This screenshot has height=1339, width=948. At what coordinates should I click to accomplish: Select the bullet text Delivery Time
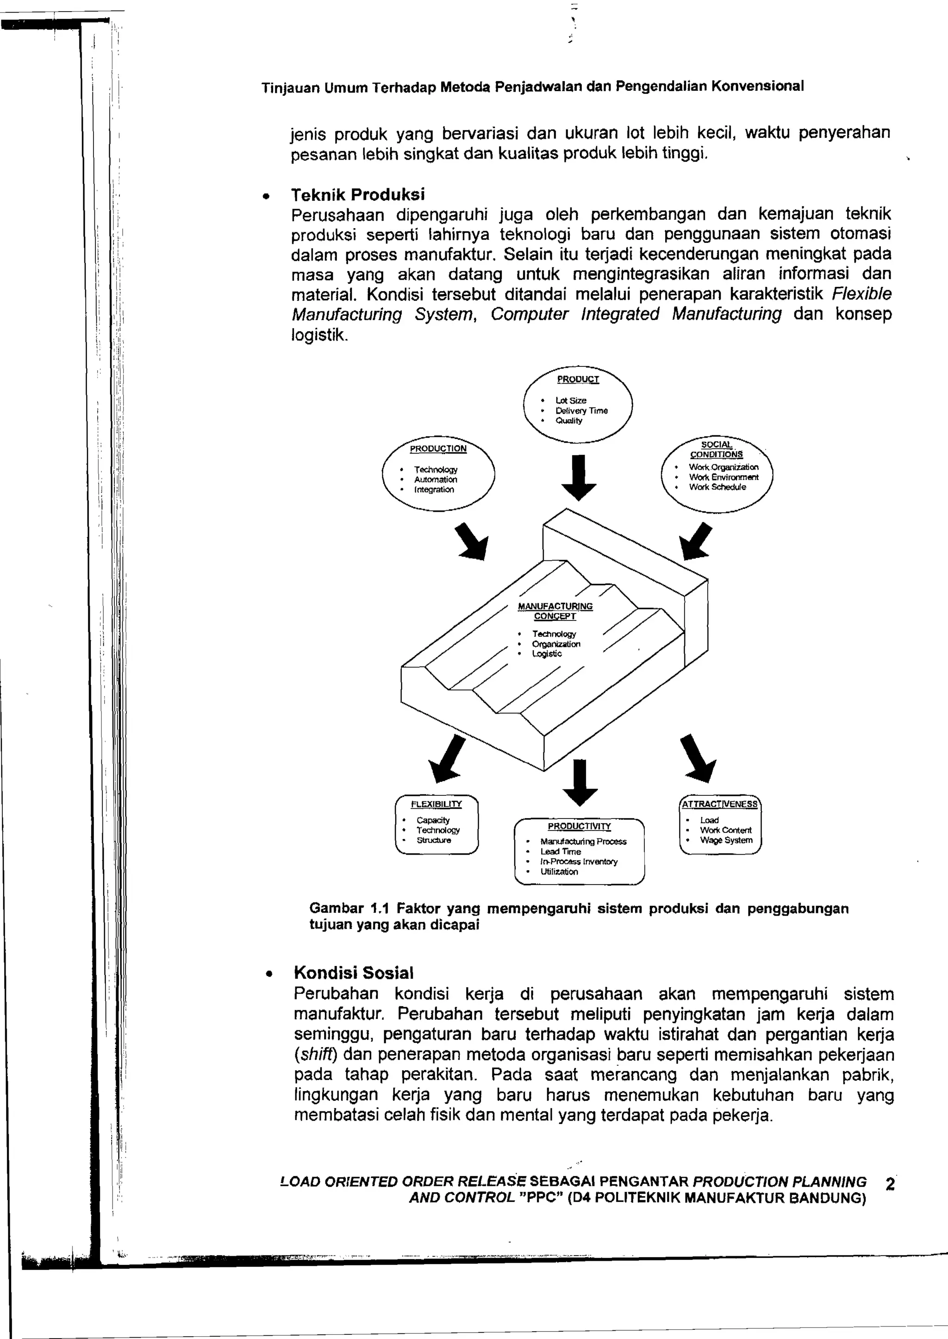point(581,411)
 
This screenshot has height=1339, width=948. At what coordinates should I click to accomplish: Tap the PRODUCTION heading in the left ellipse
point(438,449)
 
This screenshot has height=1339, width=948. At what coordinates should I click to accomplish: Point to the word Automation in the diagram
point(436,480)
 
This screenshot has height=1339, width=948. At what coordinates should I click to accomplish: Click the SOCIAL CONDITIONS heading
point(716,449)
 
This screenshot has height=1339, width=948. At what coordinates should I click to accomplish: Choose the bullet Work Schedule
point(717,487)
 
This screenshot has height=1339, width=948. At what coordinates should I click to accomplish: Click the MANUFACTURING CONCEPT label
point(555,611)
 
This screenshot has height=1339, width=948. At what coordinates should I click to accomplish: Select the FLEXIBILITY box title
point(436,804)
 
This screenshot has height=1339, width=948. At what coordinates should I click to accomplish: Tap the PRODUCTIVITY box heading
point(579,826)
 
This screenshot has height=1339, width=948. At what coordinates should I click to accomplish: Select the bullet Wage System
point(726,840)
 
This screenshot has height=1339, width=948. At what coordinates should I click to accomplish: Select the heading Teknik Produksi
point(358,194)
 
